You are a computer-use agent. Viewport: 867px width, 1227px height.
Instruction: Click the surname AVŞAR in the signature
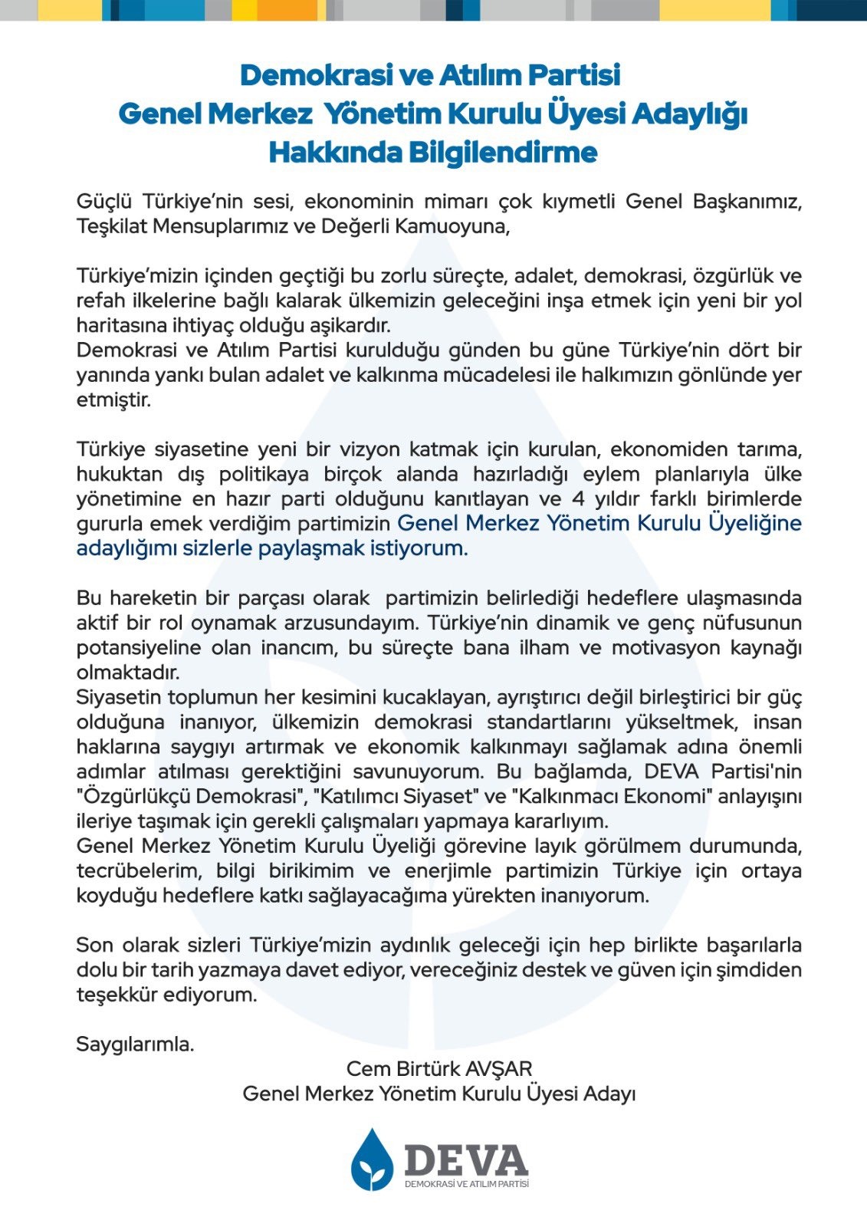tap(498, 1068)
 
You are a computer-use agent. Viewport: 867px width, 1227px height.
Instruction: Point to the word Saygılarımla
tap(135, 1044)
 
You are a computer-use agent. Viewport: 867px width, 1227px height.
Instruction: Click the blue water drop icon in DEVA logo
tap(372, 1160)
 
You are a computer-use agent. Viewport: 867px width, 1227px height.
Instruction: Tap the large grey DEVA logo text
tap(466, 1160)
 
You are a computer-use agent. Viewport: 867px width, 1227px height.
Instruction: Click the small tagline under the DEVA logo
tap(466, 1184)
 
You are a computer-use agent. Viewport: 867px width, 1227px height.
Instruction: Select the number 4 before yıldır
tap(579, 498)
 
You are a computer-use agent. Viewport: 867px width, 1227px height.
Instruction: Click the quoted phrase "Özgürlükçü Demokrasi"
tap(187, 796)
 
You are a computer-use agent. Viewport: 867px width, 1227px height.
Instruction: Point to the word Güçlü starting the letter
tap(103, 202)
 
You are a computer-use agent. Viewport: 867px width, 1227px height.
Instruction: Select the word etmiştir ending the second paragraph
tap(113, 400)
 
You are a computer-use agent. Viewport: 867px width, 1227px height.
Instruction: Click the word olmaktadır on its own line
tap(128, 673)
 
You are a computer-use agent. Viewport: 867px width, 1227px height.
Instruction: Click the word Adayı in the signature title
tap(610, 1094)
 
